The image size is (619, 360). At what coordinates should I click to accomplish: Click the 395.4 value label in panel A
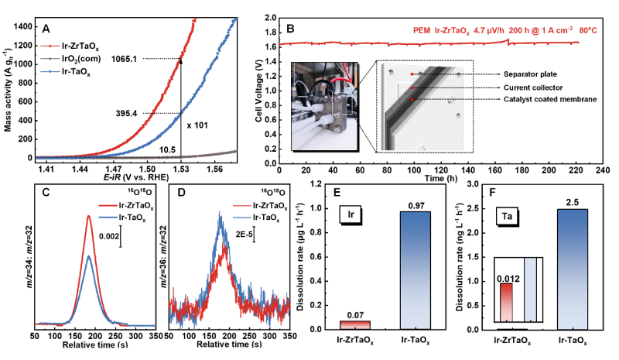coord(128,113)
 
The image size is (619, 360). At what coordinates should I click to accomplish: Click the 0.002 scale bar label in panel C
coord(107,236)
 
